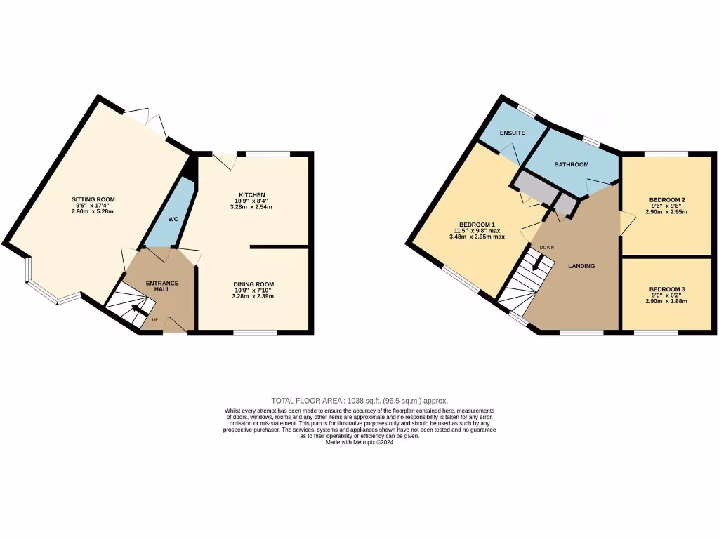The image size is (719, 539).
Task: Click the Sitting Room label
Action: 93,199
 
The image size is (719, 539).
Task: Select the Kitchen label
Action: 251,194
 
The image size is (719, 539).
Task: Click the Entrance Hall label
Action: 162,287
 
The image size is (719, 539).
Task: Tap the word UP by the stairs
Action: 155,321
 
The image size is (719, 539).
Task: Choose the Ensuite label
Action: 512,133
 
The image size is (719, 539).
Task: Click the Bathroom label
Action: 571,164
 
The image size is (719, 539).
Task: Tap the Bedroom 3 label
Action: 667,289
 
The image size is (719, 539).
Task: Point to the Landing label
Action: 581,266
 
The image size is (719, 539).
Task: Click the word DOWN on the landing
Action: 547,248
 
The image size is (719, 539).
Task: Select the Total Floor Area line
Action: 359,400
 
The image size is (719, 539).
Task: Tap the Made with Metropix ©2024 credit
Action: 359,441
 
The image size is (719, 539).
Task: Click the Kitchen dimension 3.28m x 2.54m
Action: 251,207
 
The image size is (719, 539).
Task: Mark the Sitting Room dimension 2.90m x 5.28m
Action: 93,211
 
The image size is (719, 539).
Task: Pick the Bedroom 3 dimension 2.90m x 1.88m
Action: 667,301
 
